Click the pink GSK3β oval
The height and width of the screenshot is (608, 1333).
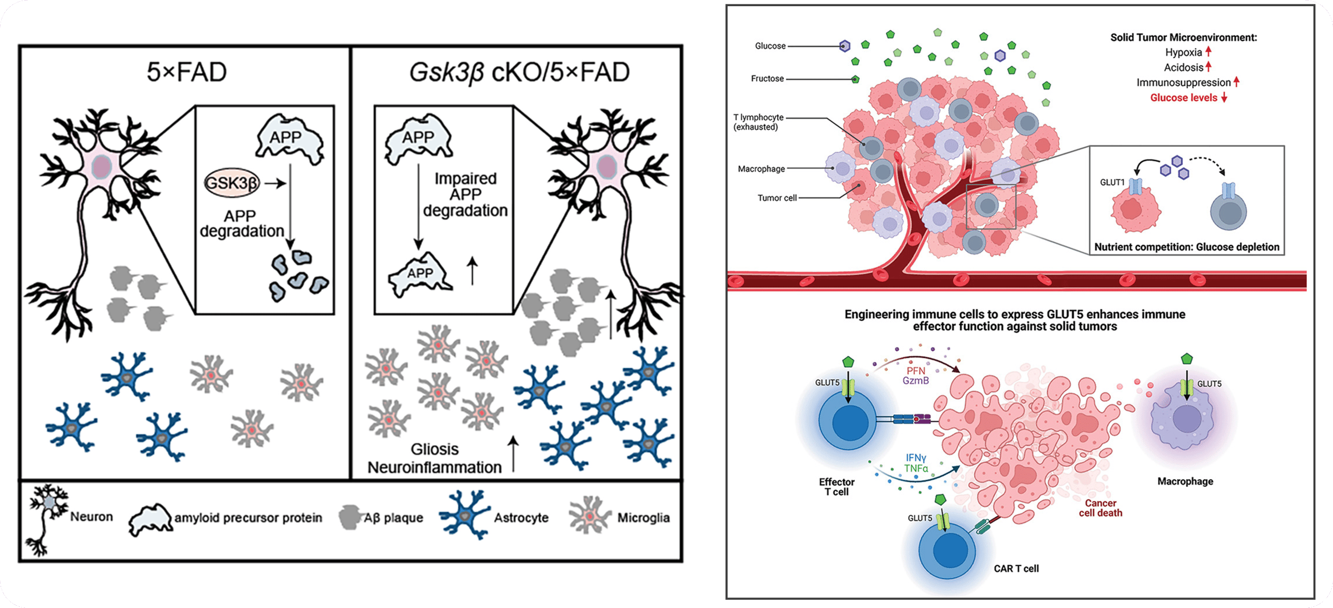point(232,183)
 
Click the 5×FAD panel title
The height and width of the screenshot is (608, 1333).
point(187,72)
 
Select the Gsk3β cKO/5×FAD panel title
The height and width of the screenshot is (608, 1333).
point(519,72)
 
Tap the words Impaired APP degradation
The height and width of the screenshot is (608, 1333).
point(465,195)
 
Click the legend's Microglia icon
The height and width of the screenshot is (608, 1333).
point(589,515)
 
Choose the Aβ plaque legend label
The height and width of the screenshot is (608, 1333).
point(393,518)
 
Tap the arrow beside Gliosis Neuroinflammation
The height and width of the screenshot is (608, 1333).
point(514,453)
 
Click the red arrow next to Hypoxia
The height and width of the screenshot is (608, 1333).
point(1208,52)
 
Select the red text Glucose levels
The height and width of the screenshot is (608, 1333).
point(1184,98)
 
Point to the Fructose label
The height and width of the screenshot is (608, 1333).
point(767,79)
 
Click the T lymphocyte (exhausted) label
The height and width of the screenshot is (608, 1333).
point(758,122)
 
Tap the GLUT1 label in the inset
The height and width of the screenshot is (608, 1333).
point(1112,182)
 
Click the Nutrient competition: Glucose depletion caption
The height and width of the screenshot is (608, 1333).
point(1186,247)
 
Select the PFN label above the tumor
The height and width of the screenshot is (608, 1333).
point(916,371)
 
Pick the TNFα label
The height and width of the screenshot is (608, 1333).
point(916,469)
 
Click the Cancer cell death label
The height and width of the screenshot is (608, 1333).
point(1100,508)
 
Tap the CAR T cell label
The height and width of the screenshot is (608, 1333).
point(1016,569)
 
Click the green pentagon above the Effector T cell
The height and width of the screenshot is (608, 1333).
point(848,362)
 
